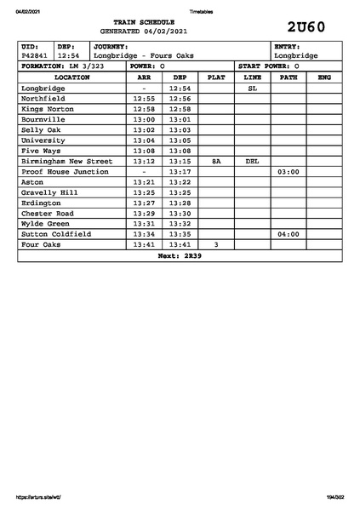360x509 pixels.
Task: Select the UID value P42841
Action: [35, 55]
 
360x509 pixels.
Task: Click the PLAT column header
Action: [216, 77]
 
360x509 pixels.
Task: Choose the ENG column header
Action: [323, 77]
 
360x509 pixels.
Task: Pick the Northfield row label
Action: [43, 98]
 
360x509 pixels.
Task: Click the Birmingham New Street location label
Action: [66, 161]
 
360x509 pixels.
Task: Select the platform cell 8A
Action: [216, 161]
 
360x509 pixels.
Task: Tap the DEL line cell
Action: [252, 161]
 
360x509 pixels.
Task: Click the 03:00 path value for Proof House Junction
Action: [289, 171]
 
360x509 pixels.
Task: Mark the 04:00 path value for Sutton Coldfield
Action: [289, 233]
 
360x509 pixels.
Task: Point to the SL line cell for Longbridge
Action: [252, 88]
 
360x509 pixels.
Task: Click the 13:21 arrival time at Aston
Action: [145, 181]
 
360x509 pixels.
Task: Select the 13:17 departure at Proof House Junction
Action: [180, 171]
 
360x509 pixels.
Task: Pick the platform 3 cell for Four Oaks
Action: [216, 244]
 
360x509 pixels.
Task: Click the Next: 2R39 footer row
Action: [180, 254]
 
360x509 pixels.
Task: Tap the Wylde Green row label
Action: [45, 223]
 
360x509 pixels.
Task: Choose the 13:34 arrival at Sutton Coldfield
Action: [145, 233]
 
